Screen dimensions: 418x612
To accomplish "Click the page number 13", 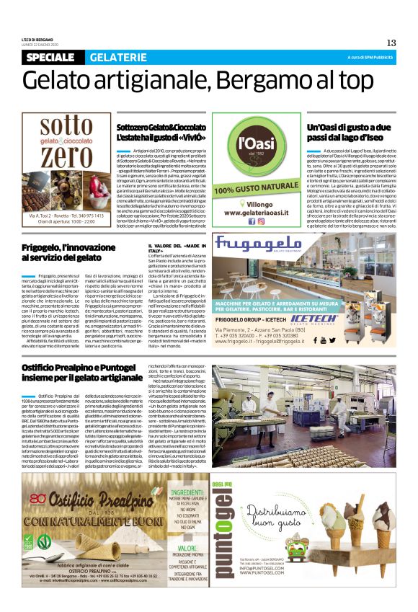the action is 391,43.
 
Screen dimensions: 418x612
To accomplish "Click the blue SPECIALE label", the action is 53,58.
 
